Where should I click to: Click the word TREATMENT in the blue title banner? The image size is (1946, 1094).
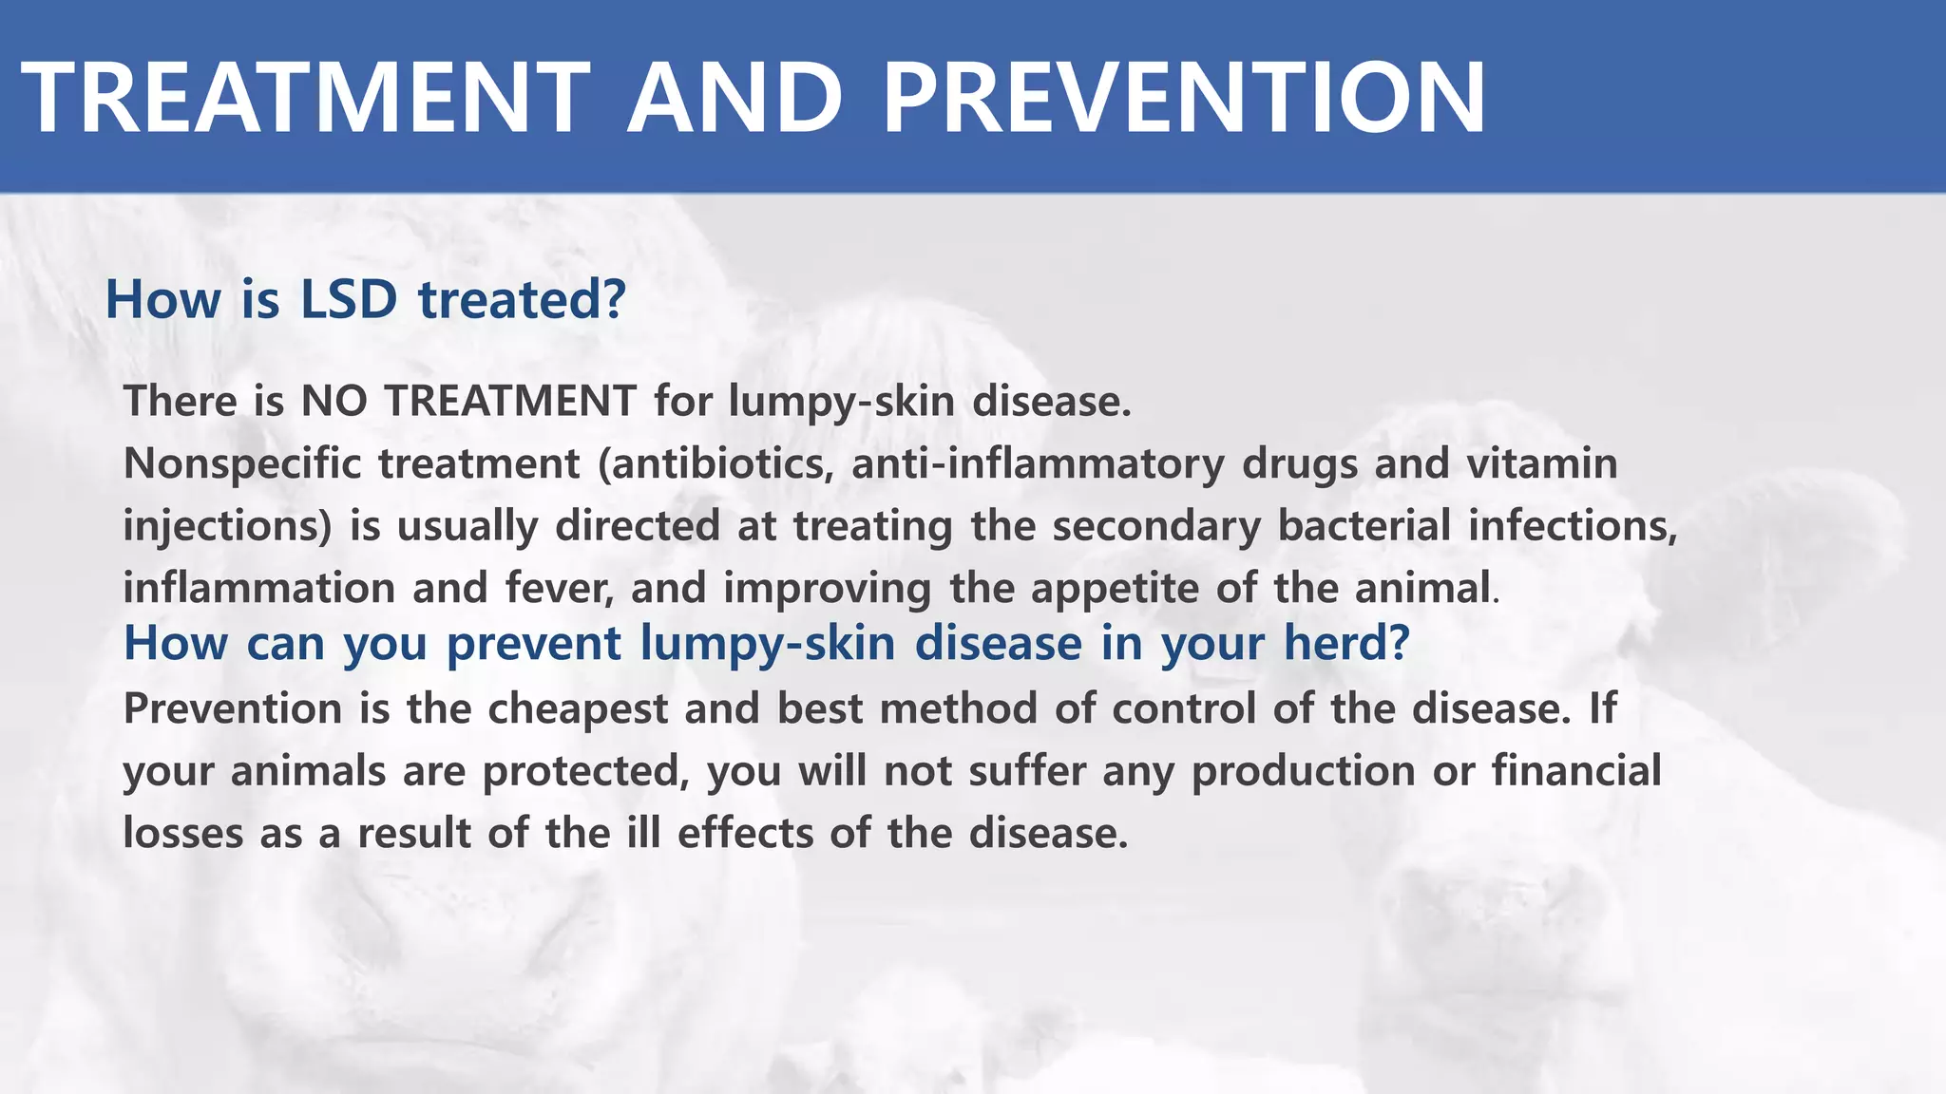pos(306,98)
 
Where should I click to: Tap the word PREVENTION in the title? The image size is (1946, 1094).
pos(1184,98)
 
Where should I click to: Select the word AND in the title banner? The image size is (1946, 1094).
pos(735,98)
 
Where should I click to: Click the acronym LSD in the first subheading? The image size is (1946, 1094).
pos(349,299)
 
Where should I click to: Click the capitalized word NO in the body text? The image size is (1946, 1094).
pos(334,401)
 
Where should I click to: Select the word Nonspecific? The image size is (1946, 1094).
pos(242,464)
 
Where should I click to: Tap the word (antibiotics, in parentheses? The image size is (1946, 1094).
pos(715,464)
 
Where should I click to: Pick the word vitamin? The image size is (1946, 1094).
pos(1541,464)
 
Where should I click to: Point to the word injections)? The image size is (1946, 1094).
pos(228,526)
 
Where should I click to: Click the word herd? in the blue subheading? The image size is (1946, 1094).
pos(1346,643)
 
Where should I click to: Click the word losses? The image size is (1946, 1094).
pos(182,834)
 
